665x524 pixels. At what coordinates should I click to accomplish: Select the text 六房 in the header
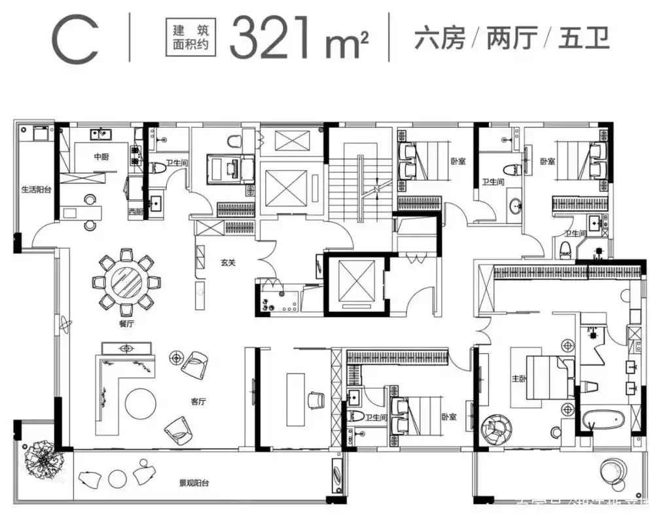pyautogui.click(x=439, y=39)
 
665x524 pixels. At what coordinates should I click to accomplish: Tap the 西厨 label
pyautogui.click(x=135, y=212)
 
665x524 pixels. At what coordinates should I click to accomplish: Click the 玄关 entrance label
pyautogui.click(x=227, y=263)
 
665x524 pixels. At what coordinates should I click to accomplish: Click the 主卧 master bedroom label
pyautogui.click(x=520, y=378)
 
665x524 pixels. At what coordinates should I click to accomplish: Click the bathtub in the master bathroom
pyautogui.click(x=603, y=418)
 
